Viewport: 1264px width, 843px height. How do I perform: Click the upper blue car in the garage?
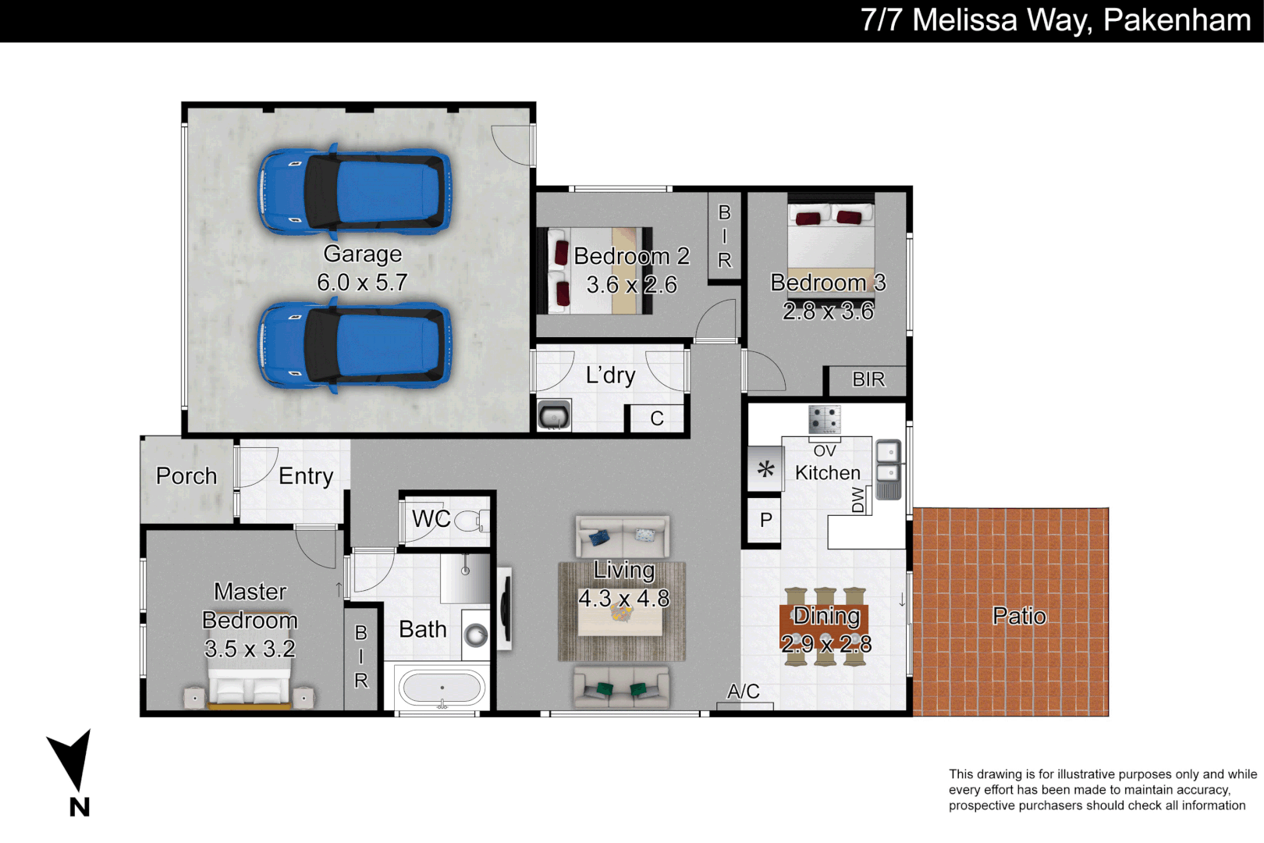click(355, 192)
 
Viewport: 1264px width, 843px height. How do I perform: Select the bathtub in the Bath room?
click(442, 688)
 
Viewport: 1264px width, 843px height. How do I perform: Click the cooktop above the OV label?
click(825, 419)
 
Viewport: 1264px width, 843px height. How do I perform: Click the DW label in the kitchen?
click(858, 500)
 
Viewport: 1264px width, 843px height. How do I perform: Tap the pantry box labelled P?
click(765, 520)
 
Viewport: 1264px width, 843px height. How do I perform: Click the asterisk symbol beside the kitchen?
click(765, 469)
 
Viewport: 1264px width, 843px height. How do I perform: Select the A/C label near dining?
click(743, 692)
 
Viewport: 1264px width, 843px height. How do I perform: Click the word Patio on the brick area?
click(1019, 617)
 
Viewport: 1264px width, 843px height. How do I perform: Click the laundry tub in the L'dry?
click(554, 414)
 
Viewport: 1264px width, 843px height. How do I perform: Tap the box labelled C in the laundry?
click(657, 418)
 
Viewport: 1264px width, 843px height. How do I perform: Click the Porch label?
click(186, 476)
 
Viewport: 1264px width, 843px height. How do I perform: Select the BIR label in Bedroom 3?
click(868, 380)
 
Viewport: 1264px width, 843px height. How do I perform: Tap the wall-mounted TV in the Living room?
click(504, 608)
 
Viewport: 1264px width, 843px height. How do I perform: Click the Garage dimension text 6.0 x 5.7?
click(362, 283)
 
